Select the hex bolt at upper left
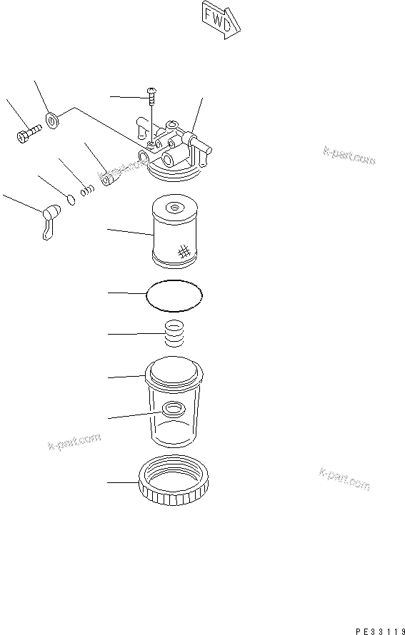coord(26,133)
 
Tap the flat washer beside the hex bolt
coord(53,119)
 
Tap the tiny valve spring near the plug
coord(87,190)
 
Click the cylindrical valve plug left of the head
coord(109,178)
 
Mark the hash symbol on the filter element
coord(182,251)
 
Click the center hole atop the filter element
coord(174,208)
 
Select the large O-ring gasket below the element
coord(174,295)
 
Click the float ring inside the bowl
coord(173,410)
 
